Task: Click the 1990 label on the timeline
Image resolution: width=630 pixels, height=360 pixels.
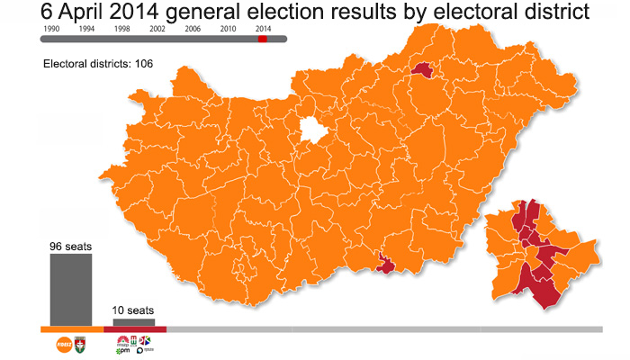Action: [50, 29]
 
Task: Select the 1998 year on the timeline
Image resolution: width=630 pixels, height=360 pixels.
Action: [121, 29]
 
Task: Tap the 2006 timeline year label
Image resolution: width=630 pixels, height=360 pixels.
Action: [193, 29]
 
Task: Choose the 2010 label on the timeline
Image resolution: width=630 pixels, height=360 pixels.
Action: [228, 29]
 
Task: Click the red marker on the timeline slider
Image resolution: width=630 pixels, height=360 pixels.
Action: [263, 39]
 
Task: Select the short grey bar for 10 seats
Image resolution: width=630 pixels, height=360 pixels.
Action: [133, 322]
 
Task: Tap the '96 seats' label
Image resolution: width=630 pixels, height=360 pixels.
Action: [70, 247]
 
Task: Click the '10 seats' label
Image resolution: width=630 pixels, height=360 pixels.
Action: [133, 310]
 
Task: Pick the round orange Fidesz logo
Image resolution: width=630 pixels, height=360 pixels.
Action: [65, 344]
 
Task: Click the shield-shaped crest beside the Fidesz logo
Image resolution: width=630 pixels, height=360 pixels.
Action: [80, 344]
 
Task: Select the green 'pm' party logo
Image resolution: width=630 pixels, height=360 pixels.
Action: [123, 351]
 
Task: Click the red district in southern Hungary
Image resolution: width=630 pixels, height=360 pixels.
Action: [386, 264]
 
